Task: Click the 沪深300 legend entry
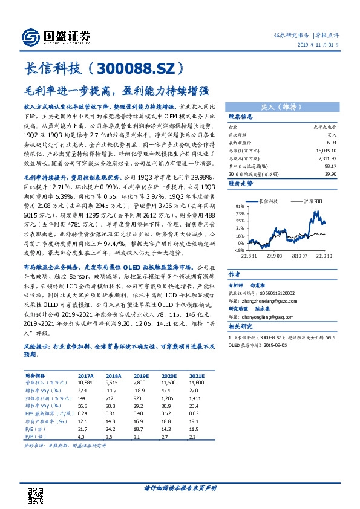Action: click(x=312, y=199)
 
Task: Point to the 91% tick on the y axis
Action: click(x=240, y=206)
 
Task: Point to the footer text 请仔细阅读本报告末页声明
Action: click(x=180, y=487)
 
